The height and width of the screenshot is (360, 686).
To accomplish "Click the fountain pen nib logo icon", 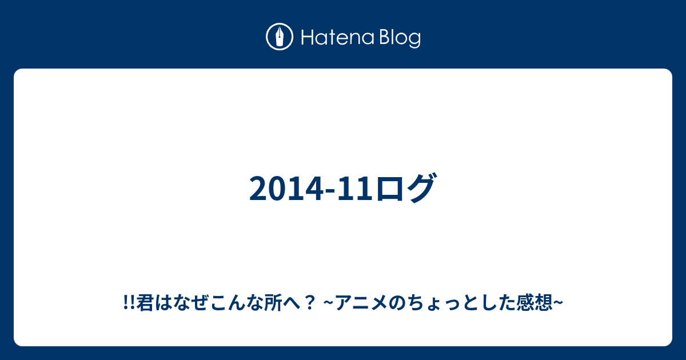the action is click(280, 37).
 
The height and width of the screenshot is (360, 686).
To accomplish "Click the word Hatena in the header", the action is click(338, 38).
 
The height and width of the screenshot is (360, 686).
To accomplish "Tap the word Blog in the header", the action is click(400, 39).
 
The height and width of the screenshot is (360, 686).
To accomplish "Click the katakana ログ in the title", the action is click(405, 187).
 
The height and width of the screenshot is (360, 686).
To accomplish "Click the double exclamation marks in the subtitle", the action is click(129, 303).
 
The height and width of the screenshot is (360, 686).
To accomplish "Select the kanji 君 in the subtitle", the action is click(145, 303).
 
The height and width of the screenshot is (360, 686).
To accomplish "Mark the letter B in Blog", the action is click(385, 38).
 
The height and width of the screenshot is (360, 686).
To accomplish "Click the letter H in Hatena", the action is click(308, 38).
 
